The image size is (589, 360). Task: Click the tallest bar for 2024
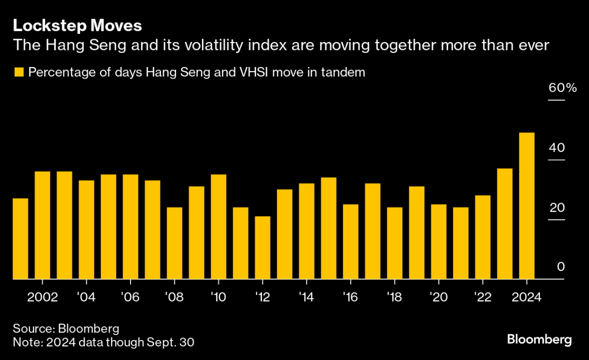click(526, 205)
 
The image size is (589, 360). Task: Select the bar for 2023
click(504, 223)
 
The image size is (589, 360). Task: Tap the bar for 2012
click(262, 247)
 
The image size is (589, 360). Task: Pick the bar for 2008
click(174, 243)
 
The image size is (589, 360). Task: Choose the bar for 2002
click(42, 225)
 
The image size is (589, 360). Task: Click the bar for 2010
click(218, 226)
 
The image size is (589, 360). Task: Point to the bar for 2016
click(350, 241)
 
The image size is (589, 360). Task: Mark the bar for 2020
click(438, 241)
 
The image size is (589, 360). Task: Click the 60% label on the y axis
click(562, 88)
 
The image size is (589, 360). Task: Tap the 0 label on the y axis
click(560, 267)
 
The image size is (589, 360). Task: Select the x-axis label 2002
click(42, 297)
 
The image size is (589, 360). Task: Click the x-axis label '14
click(306, 297)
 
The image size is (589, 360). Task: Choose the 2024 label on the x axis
click(526, 297)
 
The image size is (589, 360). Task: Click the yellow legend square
click(19, 72)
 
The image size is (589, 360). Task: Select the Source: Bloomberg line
click(66, 328)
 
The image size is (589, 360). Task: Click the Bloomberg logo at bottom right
click(539, 340)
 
